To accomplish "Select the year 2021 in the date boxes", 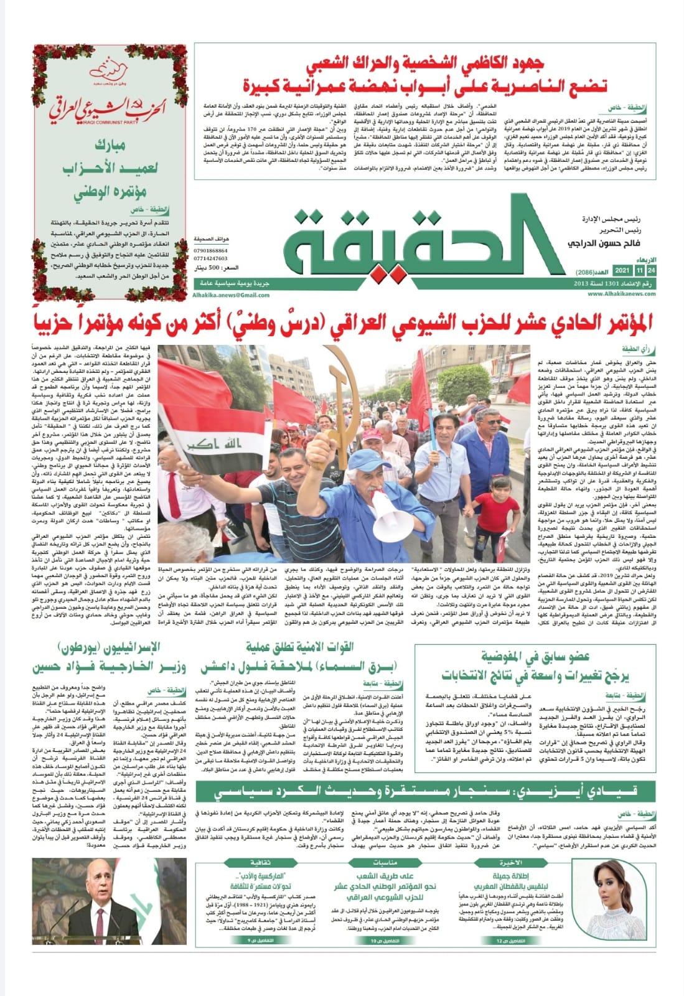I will [621, 271].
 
